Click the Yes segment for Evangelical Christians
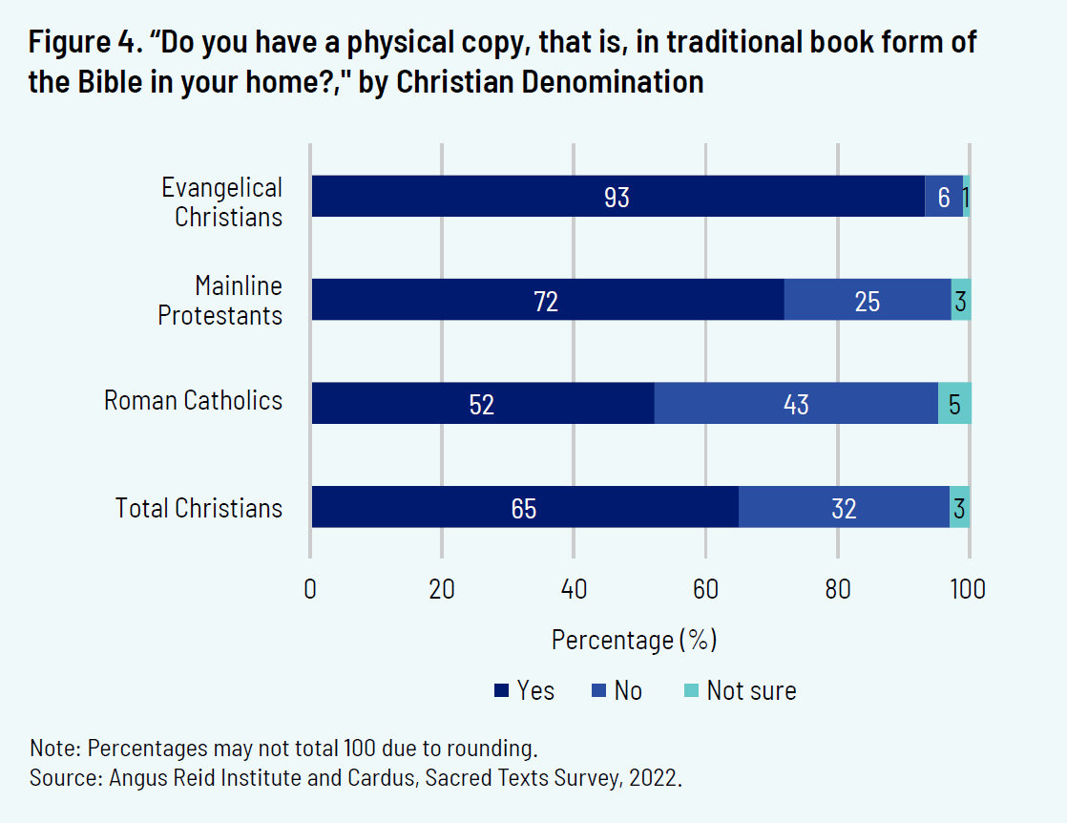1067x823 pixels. (x=617, y=196)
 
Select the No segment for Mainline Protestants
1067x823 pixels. (x=868, y=300)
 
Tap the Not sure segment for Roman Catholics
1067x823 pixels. (x=954, y=403)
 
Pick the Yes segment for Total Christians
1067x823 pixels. (x=524, y=507)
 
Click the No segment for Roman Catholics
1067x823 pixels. (x=796, y=403)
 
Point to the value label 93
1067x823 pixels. (x=617, y=197)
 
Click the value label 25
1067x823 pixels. (x=868, y=301)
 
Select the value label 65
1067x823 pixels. (x=524, y=508)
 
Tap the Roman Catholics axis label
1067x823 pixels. (x=193, y=400)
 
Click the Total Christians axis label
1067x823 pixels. (x=199, y=508)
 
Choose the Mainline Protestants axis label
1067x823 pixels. (x=220, y=300)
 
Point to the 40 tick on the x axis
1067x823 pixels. (x=574, y=589)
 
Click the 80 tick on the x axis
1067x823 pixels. (x=837, y=589)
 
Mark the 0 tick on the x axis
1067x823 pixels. (x=310, y=589)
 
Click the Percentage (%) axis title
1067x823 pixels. (x=634, y=639)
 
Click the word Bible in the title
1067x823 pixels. (x=107, y=82)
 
